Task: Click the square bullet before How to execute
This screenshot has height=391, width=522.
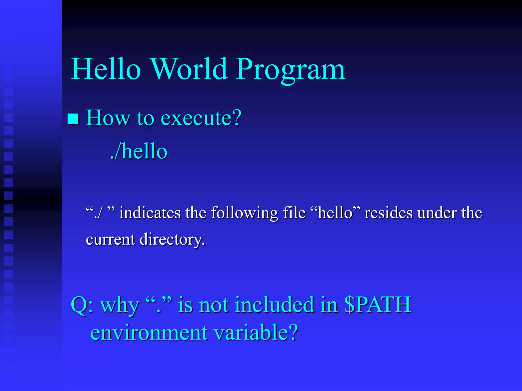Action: coord(73,119)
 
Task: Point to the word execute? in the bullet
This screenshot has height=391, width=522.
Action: coord(201,118)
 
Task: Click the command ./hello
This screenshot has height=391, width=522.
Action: coord(139,151)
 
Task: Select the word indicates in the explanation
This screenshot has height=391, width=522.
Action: coord(150,213)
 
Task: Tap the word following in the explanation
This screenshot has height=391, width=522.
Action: coord(244,213)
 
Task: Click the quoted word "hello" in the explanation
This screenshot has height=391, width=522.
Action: coord(335,213)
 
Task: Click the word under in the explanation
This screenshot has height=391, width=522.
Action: coord(437,213)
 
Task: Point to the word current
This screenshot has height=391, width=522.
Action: coord(110,240)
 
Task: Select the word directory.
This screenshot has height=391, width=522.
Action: coord(172,240)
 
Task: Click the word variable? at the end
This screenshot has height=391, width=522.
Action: coord(256,332)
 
